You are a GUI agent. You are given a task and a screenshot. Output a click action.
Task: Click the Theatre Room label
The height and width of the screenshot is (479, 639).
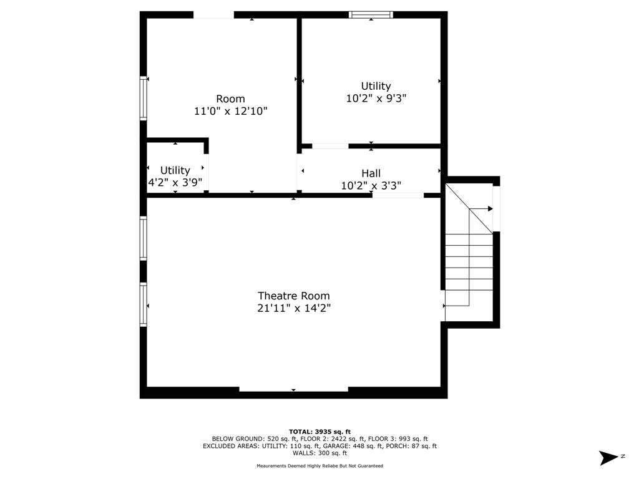point(293,296)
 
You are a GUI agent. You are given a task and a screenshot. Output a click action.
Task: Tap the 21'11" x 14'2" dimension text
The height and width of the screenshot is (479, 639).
point(293,308)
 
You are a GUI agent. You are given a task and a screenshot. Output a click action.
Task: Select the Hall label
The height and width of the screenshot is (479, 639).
point(371,173)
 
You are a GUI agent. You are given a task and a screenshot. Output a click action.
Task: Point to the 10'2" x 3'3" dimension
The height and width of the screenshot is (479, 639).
point(371,186)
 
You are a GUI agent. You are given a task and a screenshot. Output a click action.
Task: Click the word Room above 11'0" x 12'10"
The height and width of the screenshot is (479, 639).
point(230,99)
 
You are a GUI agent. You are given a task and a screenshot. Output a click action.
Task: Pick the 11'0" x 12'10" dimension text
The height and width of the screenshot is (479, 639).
point(230,111)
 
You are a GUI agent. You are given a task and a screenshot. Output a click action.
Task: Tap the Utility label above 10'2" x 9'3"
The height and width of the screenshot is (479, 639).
point(376,86)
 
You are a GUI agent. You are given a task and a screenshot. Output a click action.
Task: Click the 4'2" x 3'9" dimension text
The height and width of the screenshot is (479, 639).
point(175,183)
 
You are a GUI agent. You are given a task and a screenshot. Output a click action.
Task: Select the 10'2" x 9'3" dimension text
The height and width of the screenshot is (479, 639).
point(376,98)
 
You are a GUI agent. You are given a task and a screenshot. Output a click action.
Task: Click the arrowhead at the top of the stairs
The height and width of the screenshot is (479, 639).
point(490,209)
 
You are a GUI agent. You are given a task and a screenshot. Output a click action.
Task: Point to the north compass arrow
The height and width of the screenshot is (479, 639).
point(608,457)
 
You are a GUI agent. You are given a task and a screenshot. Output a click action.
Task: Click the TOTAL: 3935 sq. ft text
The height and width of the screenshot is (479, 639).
point(319,432)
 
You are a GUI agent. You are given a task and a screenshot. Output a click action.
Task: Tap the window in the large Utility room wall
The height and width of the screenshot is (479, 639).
point(371,15)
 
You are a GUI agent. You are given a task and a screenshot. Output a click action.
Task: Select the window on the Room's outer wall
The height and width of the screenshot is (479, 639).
point(143,98)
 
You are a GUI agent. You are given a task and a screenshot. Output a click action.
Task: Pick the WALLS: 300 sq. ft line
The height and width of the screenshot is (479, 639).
point(320,453)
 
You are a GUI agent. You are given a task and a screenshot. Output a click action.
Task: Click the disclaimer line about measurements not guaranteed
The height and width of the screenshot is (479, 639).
point(320,465)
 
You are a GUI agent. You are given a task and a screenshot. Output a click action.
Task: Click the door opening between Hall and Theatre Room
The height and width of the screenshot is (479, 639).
point(398,195)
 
